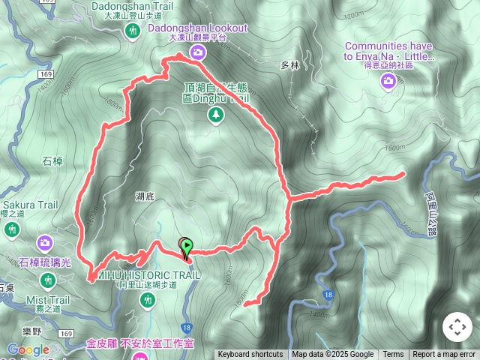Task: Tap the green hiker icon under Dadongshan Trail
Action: pos(133,31)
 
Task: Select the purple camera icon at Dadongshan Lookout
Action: pos(197,52)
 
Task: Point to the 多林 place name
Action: pos(290,65)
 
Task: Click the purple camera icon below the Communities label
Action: pos(388,81)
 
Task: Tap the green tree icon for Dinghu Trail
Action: pos(216,114)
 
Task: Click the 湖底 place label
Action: pos(145,196)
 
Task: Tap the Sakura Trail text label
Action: pos(30,204)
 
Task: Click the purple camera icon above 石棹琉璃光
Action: pos(45,243)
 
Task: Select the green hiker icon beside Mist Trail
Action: pos(49,280)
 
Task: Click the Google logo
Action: pos(28,349)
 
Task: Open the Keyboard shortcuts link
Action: pos(250,355)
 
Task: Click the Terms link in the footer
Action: pos(393,355)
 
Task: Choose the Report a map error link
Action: pos(444,355)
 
